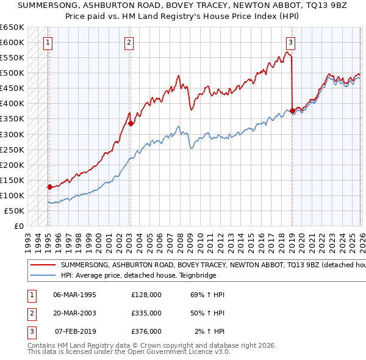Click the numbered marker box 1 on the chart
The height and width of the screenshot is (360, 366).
(48, 42)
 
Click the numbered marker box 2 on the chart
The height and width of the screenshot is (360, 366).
(129, 42)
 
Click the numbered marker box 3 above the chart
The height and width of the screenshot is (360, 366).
(291, 42)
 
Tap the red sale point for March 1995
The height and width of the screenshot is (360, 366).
(49, 187)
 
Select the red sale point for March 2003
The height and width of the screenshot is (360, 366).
(131, 123)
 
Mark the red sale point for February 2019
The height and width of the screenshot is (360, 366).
(292, 110)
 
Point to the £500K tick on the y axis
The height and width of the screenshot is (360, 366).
(12, 73)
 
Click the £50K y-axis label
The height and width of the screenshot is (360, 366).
(14, 211)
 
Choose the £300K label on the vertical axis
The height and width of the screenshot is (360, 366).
(12, 134)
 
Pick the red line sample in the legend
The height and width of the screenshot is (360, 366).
(43, 265)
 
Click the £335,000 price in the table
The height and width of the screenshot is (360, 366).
(146, 313)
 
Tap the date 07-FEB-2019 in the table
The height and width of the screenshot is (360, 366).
(76, 331)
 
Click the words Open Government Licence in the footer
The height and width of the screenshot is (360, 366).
(165, 352)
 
